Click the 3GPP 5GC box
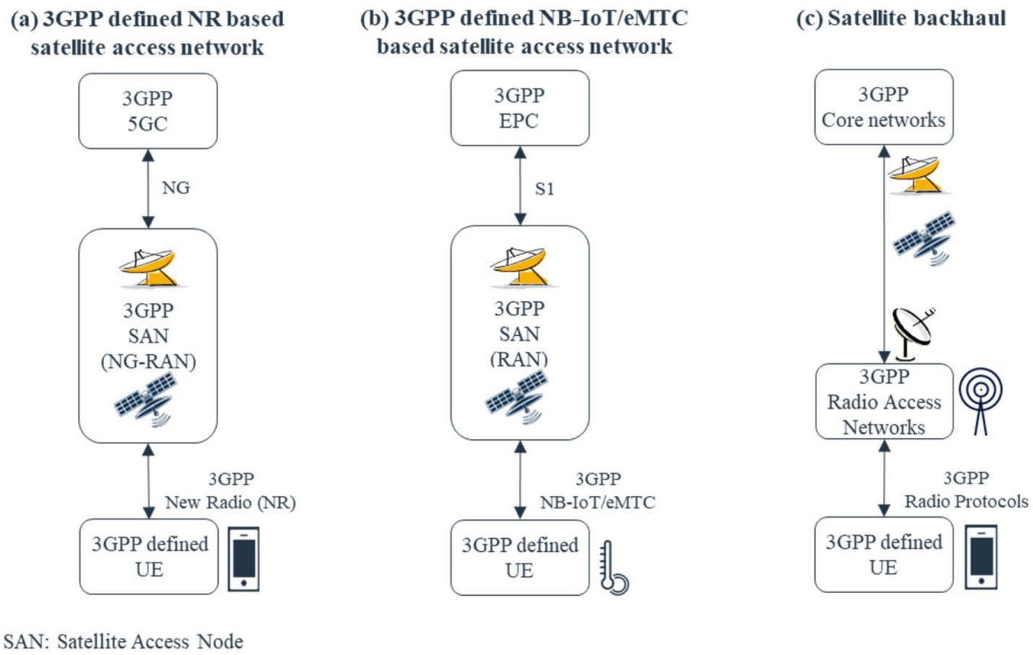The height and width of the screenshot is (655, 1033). click(x=147, y=110)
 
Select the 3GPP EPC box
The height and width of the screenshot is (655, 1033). click(x=519, y=108)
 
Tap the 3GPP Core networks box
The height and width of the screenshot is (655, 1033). click(x=883, y=107)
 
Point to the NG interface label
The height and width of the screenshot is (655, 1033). click(x=176, y=188)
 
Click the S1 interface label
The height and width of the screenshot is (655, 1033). click(x=544, y=189)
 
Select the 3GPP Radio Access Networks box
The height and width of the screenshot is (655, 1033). click(x=883, y=402)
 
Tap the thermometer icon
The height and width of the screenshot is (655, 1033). click(x=613, y=568)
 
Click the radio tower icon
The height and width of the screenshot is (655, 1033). click(x=980, y=401)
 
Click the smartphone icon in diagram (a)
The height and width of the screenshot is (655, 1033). click(x=243, y=559)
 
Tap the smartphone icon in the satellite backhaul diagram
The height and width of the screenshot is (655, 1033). click(x=981, y=557)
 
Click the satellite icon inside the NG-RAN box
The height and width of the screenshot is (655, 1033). click(x=147, y=399)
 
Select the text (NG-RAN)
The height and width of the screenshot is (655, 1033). click(x=148, y=361)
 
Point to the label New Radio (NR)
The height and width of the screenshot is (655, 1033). click(x=230, y=502)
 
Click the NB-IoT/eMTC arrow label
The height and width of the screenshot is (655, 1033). click(x=597, y=502)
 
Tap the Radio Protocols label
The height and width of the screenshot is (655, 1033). click(x=966, y=501)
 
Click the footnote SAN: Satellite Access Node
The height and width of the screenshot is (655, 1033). click(x=124, y=641)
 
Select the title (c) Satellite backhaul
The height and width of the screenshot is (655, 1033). click(x=900, y=18)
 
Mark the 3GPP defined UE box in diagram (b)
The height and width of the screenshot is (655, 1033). click(x=519, y=558)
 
